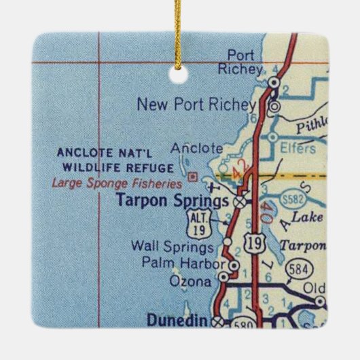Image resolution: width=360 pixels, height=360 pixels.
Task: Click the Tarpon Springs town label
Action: tap(173, 201)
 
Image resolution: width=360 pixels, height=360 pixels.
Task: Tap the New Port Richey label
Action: tap(196, 104)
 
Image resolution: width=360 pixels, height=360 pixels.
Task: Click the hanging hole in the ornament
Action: tap(180, 77)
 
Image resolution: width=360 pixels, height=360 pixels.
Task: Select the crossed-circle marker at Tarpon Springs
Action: tap(239, 202)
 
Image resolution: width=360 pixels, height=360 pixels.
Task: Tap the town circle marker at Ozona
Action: tap(222, 277)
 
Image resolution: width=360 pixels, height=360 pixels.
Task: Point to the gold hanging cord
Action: tap(179, 34)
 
